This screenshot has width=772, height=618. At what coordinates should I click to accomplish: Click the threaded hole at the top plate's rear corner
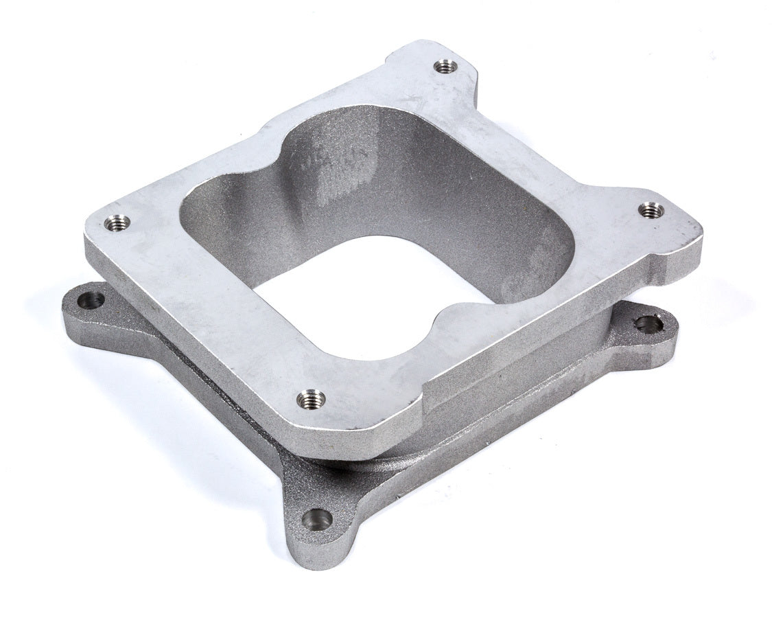[446, 67]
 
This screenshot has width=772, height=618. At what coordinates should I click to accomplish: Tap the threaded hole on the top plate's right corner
[651, 211]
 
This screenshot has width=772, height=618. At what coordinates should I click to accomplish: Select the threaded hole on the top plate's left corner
[117, 223]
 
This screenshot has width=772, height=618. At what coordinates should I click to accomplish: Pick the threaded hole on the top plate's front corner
[311, 398]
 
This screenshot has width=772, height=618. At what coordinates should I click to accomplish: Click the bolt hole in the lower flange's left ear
[91, 300]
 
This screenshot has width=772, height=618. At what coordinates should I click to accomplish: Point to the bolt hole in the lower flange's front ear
[316, 520]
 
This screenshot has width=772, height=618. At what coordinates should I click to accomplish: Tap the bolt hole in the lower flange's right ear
[648, 324]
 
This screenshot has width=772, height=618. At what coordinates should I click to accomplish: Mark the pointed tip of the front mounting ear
[302, 560]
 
